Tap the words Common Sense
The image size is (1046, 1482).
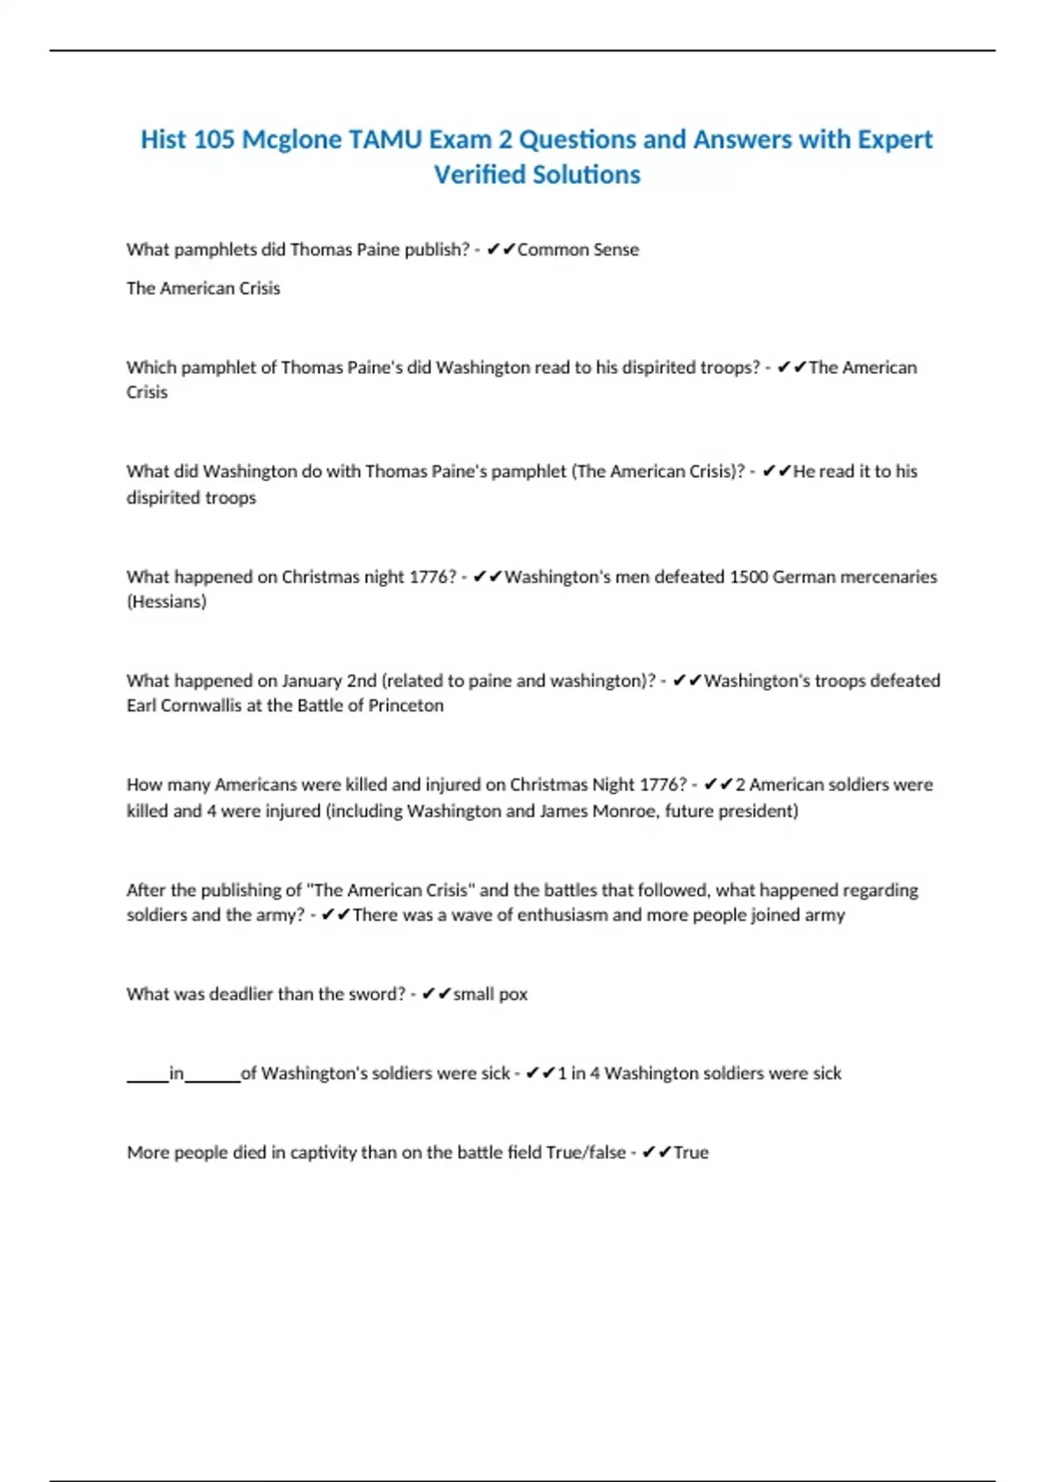coord(578,249)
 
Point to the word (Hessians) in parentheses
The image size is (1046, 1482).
coord(166,602)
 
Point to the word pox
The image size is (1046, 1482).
coord(513,994)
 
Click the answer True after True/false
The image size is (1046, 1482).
coord(691,1152)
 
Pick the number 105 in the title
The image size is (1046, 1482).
coord(214,139)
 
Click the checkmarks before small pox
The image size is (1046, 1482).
coord(437,994)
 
